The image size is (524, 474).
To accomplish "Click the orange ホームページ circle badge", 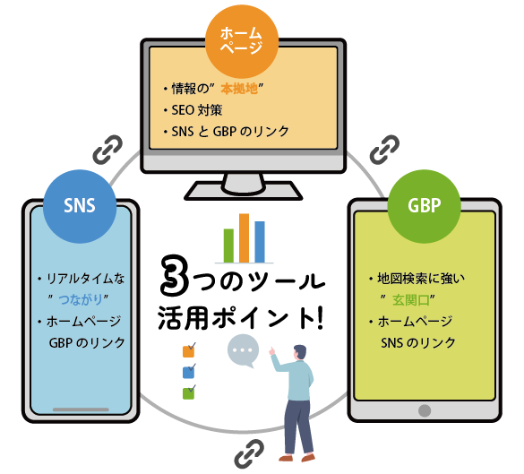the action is pyautogui.click(x=242, y=42).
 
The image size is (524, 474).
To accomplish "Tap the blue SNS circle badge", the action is pyautogui.click(x=80, y=206).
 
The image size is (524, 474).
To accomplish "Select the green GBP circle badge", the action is pyautogui.click(x=424, y=206).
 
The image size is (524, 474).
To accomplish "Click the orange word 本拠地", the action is pyautogui.click(x=239, y=89).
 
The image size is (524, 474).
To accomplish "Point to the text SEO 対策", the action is pyautogui.click(x=197, y=110).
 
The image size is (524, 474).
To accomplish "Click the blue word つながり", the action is pyautogui.click(x=81, y=299).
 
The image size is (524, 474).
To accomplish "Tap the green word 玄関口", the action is pyautogui.click(x=411, y=300).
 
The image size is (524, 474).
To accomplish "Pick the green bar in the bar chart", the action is pyautogui.click(x=228, y=246).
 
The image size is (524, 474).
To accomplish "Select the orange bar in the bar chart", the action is pyautogui.click(x=244, y=238).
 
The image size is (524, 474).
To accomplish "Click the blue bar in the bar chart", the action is pyautogui.click(x=260, y=242).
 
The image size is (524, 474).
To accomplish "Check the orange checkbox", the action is pyautogui.click(x=188, y=351).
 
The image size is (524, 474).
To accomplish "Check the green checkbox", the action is pyautogui.click(x=188, y=393).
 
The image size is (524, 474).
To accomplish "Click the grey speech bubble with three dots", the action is pyautogui.click(x=243, y=350).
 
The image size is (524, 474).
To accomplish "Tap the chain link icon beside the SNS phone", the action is pyautogui.click(x=107, y=150).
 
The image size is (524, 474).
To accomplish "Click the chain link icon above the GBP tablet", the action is pyautogui.click(x=384, y=150).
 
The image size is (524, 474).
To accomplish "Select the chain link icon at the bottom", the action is pyautogui.click(x=249, y=454).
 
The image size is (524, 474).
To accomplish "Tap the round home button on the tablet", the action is pyautogui.click(x=425, y=410).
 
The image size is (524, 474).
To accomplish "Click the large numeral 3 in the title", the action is pyautogui.click(x=174, y=275).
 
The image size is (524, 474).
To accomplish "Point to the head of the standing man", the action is pyautogui.click(x=299, y=352).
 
